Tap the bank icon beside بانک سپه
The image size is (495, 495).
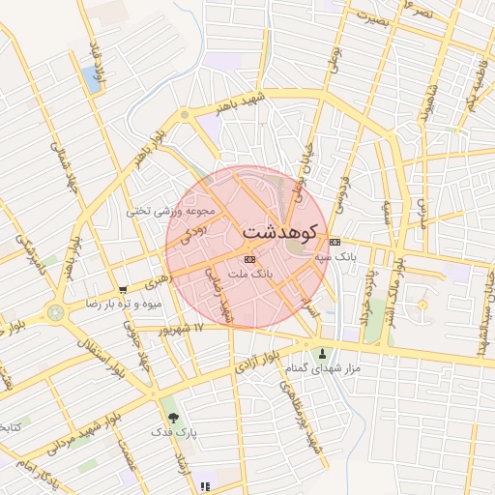click(335, 242)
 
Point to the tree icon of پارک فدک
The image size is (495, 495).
click(172, 418)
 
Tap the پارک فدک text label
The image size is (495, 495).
click(174, 433)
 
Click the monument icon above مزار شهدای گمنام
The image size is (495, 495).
click(323, 354)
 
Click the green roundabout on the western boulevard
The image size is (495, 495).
click(55, 312)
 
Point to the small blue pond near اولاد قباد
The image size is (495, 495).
click(93, 79)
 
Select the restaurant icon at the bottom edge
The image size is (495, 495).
click(204, 486)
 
